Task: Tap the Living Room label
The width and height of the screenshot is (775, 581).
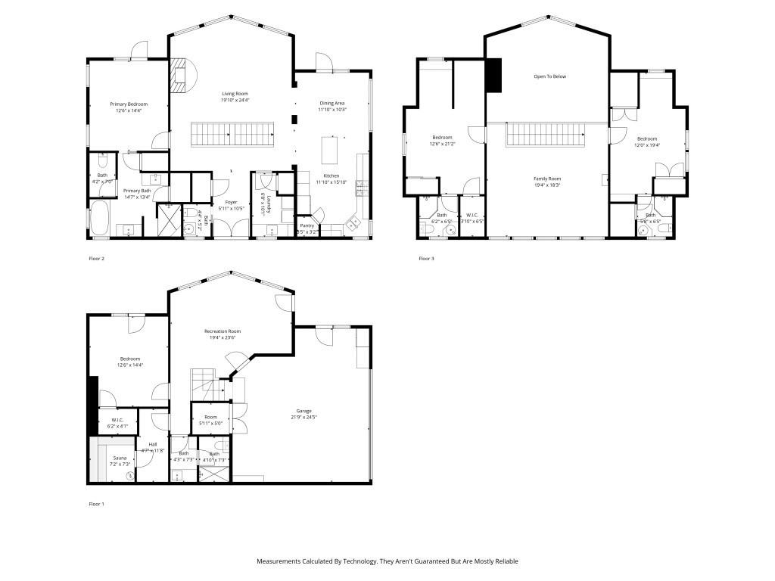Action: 235,93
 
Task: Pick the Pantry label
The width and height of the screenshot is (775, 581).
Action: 307,225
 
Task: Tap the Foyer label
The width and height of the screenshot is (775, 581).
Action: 231,202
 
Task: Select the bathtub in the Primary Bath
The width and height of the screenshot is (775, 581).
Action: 99,219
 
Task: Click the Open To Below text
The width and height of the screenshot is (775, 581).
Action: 549,76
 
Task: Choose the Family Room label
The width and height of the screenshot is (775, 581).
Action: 546,179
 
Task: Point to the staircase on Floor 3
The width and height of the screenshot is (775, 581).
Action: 546,135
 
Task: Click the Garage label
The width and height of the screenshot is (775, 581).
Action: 303,411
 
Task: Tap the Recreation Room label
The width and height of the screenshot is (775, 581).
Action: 223,331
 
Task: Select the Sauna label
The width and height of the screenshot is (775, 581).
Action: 120,458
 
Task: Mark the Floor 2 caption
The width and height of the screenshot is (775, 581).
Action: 96,259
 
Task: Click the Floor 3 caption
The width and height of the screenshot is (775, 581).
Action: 426,259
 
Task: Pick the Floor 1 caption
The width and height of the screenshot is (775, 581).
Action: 96,503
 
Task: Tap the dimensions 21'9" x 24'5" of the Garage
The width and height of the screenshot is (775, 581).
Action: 303,417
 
